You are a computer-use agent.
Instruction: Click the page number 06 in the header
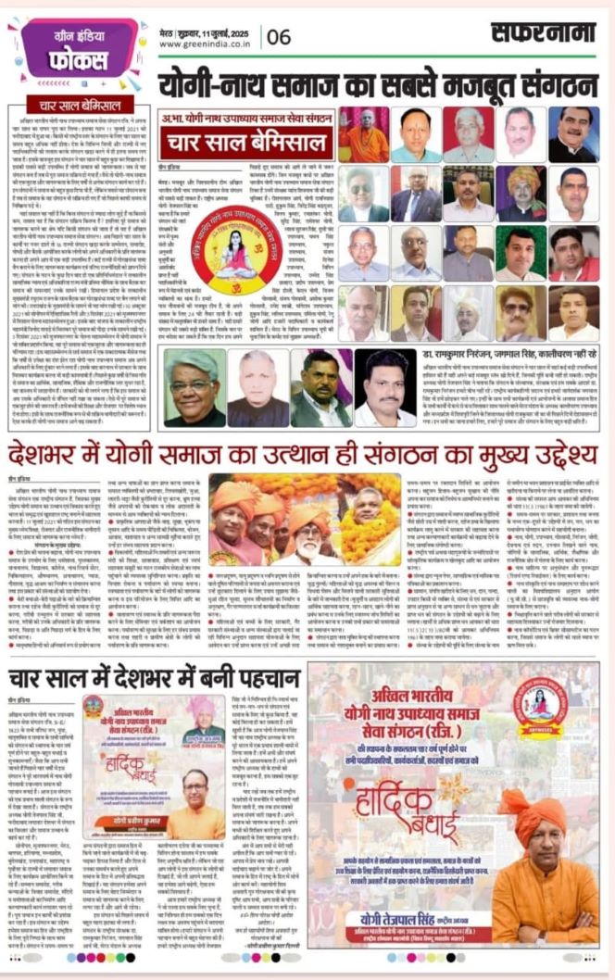(278, 36)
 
